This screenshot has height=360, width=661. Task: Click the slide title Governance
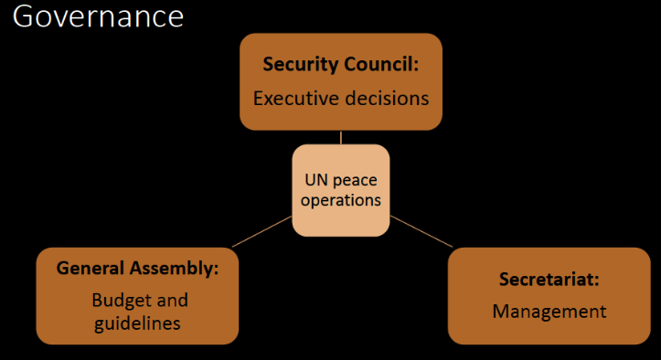tap(98, 16)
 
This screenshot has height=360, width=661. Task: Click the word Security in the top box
tap(301, 65)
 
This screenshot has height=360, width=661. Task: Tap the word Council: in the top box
tap(381, 64)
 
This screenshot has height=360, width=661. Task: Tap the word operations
tap(341, 200)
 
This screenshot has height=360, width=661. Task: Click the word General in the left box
tap(91, 268)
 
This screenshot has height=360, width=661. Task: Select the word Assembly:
tap(175, 269)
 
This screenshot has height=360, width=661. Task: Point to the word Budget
tap(116, 301)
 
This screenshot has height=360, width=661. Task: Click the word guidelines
tap(137, 323)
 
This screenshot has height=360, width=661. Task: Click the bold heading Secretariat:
tap(549, 279)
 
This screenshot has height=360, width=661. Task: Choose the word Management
tap(549, 312)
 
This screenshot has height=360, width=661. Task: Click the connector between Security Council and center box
tap(341, 137)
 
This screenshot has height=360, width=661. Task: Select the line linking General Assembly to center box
tap(261, 231)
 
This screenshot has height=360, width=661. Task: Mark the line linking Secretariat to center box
tap(421, 231)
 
